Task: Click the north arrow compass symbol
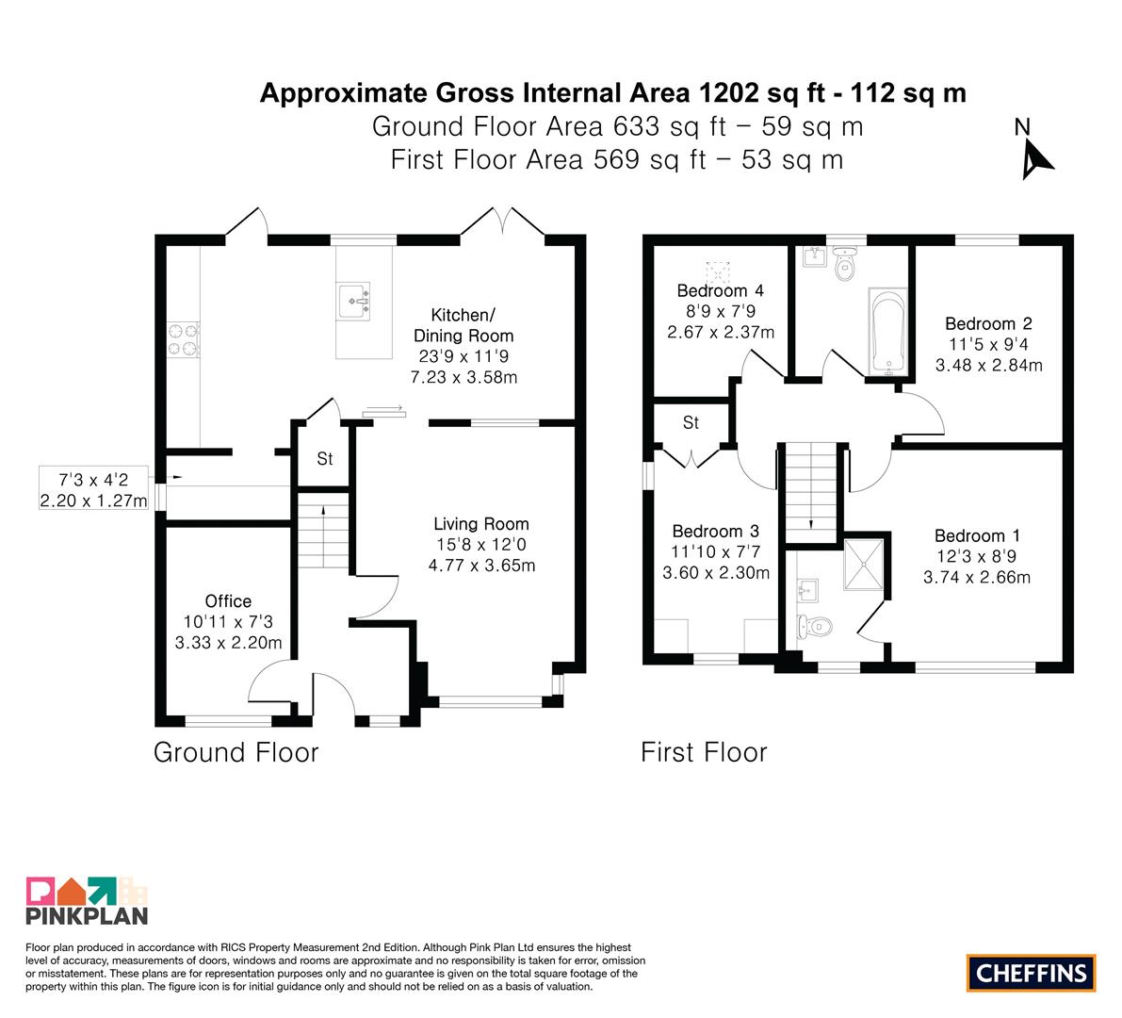coord(1034,151)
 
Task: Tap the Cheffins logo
coord(1032,973)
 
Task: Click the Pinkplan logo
coord(87,900)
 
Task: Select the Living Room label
coord(480,524)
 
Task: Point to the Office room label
coord(228,601)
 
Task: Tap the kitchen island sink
coord(353,302)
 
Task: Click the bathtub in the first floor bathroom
coord(888,332)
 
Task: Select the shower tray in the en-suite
coord(864,564)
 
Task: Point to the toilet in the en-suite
coord(815,628)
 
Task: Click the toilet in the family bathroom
coord(845,266)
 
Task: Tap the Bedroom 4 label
coord(720,290)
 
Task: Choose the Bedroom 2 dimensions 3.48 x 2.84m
coord(989,365)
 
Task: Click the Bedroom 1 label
coord(977,536)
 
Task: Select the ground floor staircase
coord(323,530)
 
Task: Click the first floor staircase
coord(811,493)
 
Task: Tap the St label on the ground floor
coord(325,458)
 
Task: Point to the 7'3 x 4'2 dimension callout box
coord(93,489)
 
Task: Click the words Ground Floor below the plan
coord(236,752)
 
